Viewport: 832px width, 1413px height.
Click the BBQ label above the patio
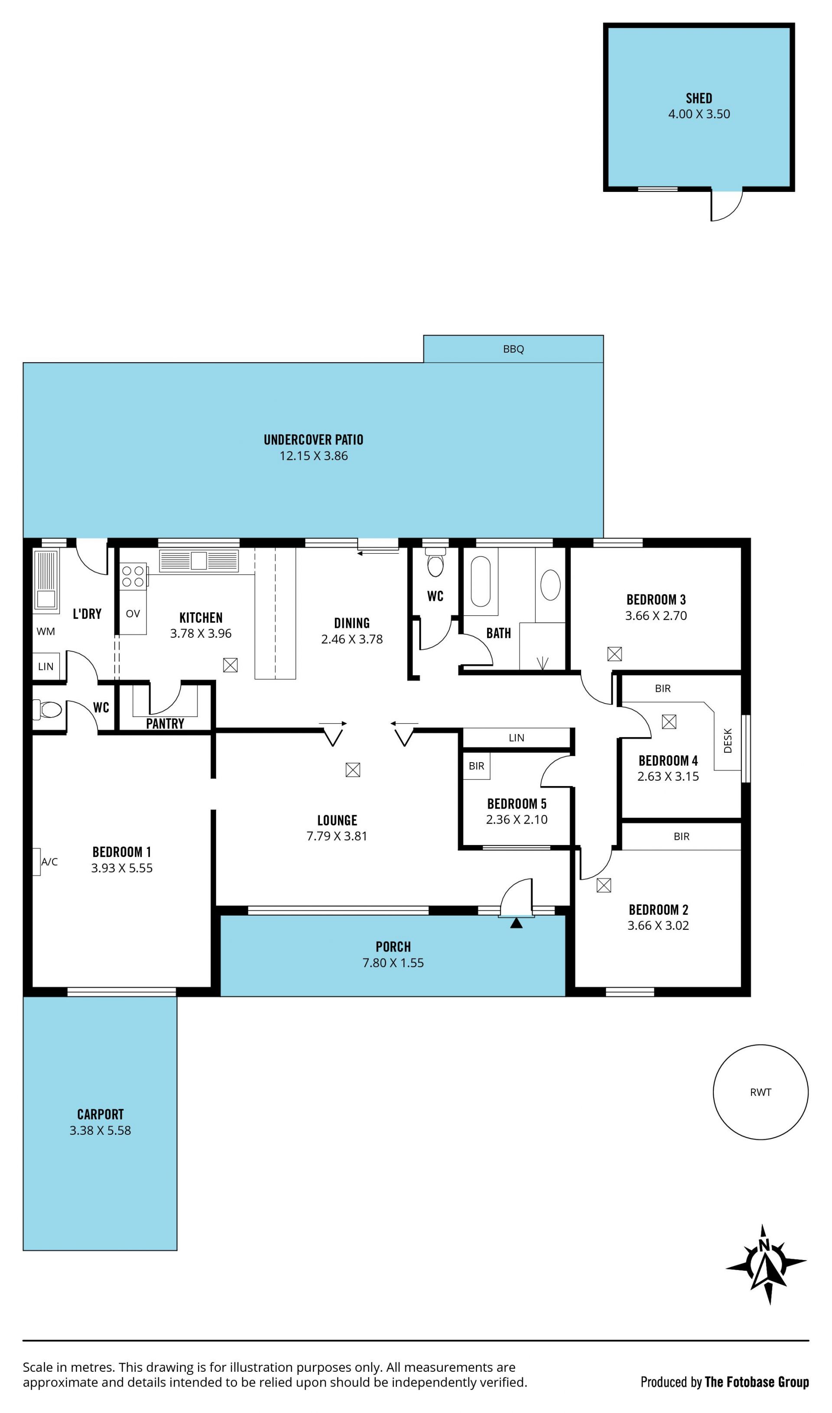pyautogui.click(x=513, y=349)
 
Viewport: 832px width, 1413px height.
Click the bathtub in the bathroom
pyautogui.click(x=481, y=581)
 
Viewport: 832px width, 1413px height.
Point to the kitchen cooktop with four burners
pyautogui.click(x=133, y=576)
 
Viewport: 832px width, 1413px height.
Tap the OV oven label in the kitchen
pyautogui.click(x=133, y=614)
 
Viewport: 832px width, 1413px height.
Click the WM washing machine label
pyautogui.click(x=46, y=631)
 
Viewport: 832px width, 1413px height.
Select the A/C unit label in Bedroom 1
pyautogui.click(x=49, y=862)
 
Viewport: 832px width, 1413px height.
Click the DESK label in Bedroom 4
pyautogui.click(x=728, y=740)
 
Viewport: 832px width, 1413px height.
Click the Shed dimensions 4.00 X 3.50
pyautogui.click(x=699, y=114)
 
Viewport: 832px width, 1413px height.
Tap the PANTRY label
pyautogui.click(x=165, y=724)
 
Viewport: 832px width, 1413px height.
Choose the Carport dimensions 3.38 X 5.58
pyautogui.click(x=101, y=1130)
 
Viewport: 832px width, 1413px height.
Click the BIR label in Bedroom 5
pyautogui.click(x=477, y=766)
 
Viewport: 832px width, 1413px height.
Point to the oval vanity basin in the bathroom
pyautogui.click(x=551, y=585)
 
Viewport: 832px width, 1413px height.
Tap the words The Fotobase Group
pyautogui.click(x=757, y=1383)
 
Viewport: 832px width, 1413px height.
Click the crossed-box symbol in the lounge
pyautogui.click(x=353, y=770)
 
